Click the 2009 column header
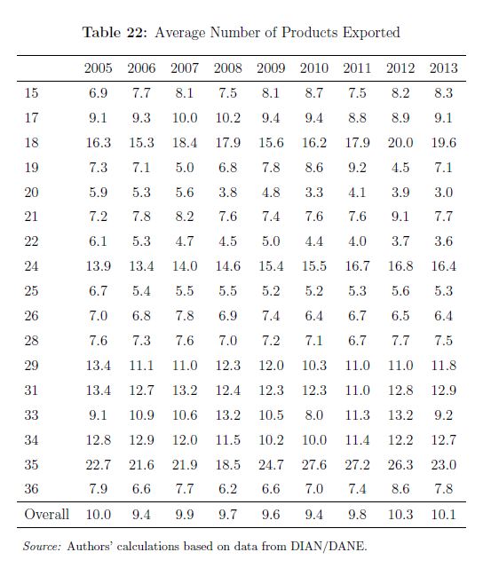(x=271, y=68)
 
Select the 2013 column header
(x=444, y=68)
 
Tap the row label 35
(x=31, y=464)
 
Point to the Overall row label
(x=46, y=514)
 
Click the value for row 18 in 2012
(x=400, y=142)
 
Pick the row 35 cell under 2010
(x=314, y=464)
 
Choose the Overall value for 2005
(x=99, y=514)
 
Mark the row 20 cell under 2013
(x=444, y=192)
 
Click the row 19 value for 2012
(x=400, y=168)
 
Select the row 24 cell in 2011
(x=357, y=266)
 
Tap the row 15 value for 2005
(x=99, y=93)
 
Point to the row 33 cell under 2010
(x=314, y=414)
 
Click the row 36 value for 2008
(x=227, y=489)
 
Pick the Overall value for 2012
(x=400, y=514)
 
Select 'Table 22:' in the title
(x=115, y=32)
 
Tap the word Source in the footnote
(x=42, y=546)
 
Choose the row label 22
(x=31, y=241)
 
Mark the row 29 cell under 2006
(x=141, y=365)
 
